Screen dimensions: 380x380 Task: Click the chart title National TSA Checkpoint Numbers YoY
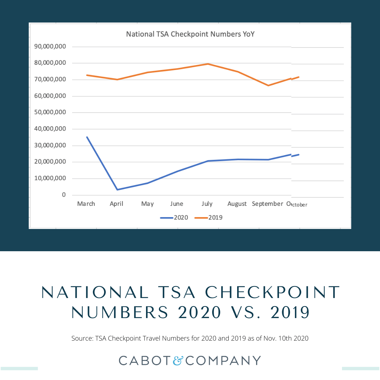pos(190,34)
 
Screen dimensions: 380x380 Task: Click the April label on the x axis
pos(116,204)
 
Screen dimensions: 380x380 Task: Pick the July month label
pos(207,204)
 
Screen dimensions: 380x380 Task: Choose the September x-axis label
pos(267,204)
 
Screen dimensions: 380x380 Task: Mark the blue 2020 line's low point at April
pos(117,190)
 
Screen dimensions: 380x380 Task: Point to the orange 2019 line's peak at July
pos(208,64)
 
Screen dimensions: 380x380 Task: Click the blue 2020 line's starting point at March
pos(87,137)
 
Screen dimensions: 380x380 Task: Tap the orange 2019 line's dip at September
pos(268,85)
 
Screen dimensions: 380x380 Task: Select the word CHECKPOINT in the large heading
pos(273,293)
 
